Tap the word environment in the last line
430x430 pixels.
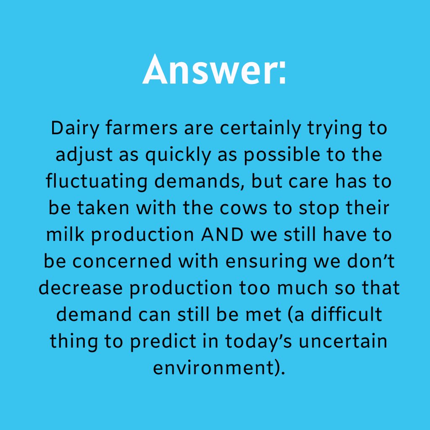(x=212, y=367)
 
